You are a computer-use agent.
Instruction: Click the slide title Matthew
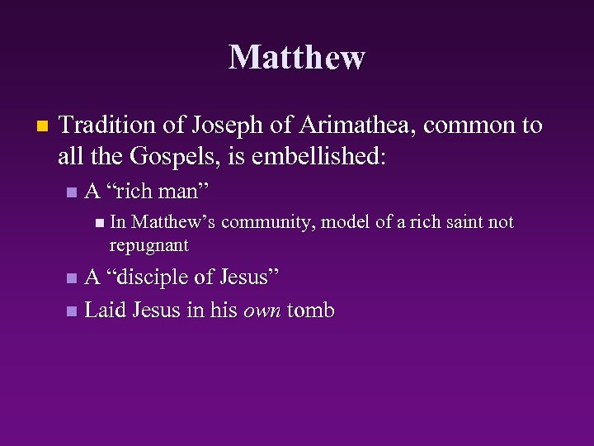297,57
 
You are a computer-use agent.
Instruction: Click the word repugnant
148,245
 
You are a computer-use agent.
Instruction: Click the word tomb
310,311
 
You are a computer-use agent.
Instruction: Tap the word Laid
105,311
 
